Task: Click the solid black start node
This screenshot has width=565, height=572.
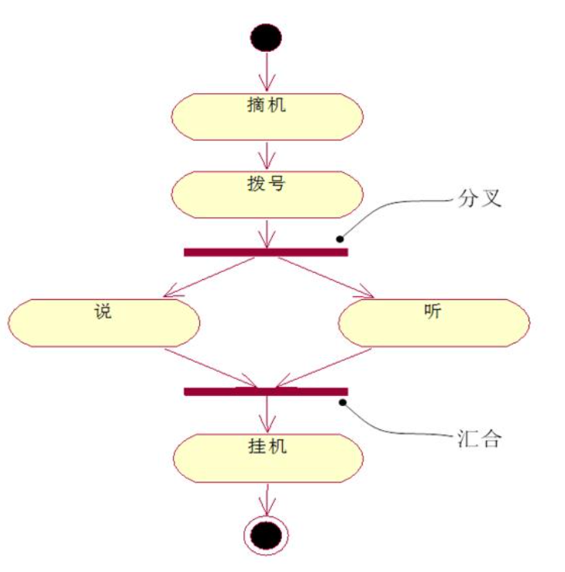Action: coord(267,37)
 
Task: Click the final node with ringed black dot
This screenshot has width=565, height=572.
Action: coord(267,535)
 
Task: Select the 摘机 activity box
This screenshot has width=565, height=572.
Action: coord(267,116)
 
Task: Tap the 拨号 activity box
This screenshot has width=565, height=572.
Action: coord(267,195)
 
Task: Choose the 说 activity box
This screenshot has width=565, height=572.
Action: coord(104,322)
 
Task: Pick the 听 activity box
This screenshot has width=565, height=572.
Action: coord(434,322)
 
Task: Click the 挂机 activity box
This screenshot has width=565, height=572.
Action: coord(267,458)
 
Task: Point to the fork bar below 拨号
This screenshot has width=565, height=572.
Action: coord(266,252)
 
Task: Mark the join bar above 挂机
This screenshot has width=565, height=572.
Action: coord(266,391)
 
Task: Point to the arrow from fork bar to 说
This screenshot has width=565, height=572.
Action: coord(209,277)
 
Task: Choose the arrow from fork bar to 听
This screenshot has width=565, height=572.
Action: coord(326,277)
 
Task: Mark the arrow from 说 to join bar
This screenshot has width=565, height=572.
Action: coord(209,367)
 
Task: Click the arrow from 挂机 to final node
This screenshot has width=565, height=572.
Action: coord(267,498)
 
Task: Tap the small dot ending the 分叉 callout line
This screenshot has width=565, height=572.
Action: coord(339,239)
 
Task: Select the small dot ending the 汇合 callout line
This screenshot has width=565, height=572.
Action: coord(341,403)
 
